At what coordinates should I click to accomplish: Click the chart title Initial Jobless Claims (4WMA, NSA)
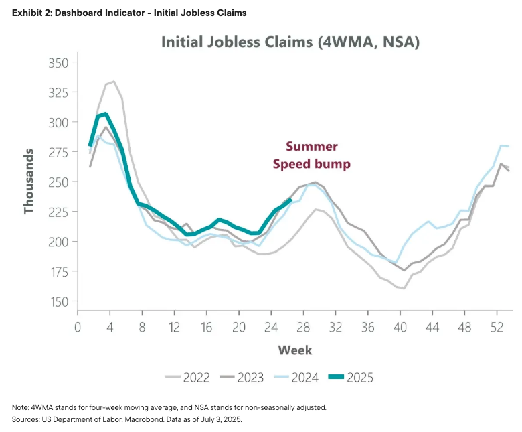click(x=290, y=42)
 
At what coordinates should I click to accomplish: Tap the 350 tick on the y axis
click(x=60, y=63)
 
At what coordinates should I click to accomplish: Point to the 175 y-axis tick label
click(x=60, y=272)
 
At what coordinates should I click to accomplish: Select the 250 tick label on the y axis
click(x=60, y=182)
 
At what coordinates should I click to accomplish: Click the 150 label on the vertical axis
click(x=60, y=301)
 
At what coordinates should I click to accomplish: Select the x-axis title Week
click(x=295, y=350)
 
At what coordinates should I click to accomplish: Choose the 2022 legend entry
click(x=189, y=378)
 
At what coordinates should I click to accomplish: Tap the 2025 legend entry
click(x=355, y=378)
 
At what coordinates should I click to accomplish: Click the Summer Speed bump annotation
click(x=312, y=155)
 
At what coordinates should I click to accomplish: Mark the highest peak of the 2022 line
click(x=113, y=82)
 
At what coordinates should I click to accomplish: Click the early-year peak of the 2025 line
click(x=105, y=114)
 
